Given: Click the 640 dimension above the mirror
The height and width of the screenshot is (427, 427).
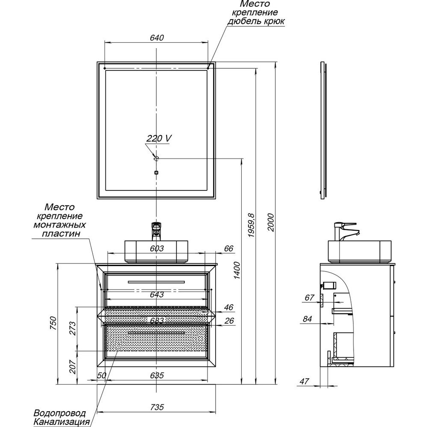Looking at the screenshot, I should [157, 38].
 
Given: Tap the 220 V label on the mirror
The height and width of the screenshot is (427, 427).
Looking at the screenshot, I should [159, 138].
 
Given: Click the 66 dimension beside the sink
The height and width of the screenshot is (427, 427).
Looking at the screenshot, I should [229, 249].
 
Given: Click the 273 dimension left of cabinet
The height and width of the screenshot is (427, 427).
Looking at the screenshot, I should [72, 328].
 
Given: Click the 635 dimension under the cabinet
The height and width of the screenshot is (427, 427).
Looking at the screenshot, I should [157, 376].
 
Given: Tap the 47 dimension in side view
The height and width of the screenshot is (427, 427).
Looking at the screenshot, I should [304, 381].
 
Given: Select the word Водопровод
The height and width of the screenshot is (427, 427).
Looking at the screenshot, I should [59, 413].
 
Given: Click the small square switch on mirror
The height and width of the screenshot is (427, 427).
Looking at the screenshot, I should [156, 173].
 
